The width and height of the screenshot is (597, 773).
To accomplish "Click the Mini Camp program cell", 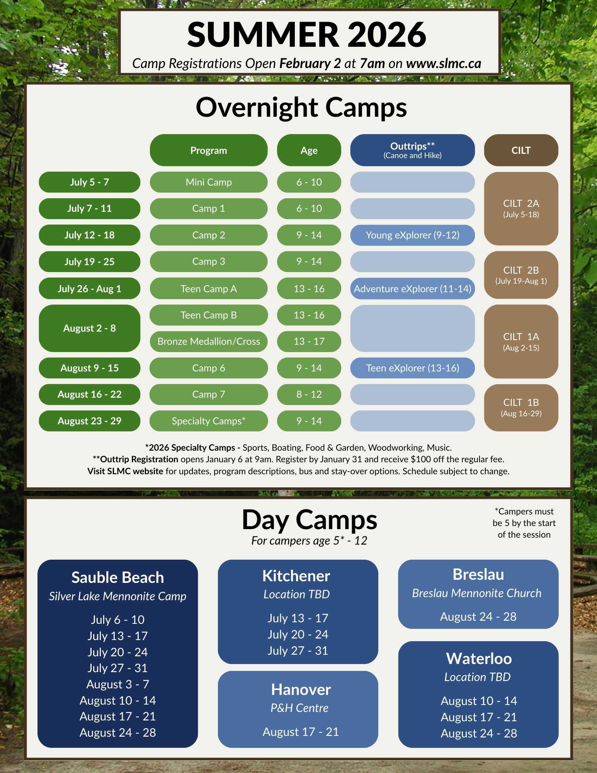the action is (x=209, y=182).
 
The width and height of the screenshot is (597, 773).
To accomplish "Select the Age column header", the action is (x=309, y=150).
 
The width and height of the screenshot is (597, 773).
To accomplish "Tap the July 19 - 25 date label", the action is (x=89, y=262).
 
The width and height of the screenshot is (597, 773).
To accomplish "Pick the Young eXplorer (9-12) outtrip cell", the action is (x=412, y=235).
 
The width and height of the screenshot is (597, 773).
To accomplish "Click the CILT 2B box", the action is (x=521, y=275).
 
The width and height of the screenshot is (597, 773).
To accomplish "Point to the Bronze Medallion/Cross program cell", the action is (x=209, y=341).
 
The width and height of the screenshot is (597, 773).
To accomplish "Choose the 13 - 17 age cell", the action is (x=309, y=341).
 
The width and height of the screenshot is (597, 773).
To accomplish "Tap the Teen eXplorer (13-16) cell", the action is (x=412, y=368).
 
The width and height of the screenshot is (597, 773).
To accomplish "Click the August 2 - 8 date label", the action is (x=89, y=328).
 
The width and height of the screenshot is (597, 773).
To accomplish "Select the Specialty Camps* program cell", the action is (x=209, y=421).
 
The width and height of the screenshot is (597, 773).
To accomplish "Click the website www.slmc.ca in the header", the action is (x=444, y=63).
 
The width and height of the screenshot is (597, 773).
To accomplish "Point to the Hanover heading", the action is (x=301, y=690).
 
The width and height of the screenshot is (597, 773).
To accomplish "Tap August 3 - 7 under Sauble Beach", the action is (x=118, y=684).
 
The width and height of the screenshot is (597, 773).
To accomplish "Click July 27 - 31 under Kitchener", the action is (x=298, y=650).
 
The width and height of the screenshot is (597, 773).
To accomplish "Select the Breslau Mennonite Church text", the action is (x=477, y=593).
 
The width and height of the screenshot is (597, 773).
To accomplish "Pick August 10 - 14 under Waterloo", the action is (x=479, y=701).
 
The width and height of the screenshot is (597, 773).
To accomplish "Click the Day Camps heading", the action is (x=309, y=520).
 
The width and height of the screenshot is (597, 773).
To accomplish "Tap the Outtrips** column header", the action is (x=412, y=150).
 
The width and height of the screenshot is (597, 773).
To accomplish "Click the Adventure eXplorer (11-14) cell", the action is (x=412, y=288).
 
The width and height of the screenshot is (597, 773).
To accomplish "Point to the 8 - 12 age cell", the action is (x=309, y=394).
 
